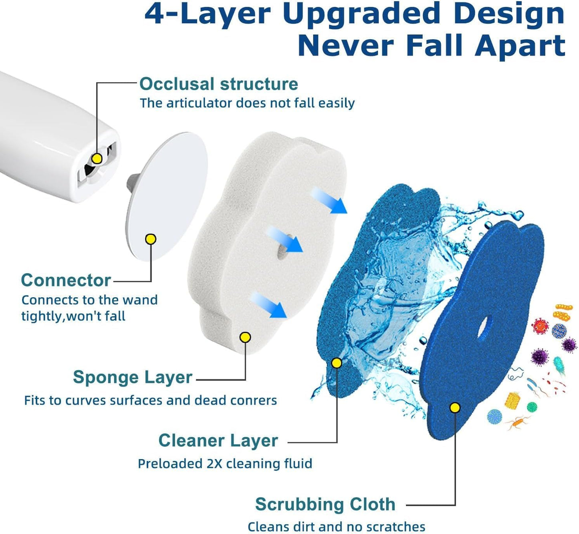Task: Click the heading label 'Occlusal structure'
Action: point(219,84)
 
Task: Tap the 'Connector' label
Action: point(66,280)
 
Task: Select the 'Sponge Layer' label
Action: point(133,377)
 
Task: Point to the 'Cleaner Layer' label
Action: point(218,441)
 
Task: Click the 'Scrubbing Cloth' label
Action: point(325,504)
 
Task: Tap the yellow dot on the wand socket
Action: point(97,159)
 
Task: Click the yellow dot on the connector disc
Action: point(151,239)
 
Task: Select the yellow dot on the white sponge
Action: point(245,337)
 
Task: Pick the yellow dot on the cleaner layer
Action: point(337,363)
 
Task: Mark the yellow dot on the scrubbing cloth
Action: point(455,408)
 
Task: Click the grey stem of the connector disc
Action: point(131,181)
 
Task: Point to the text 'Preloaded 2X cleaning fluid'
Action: point(225,463)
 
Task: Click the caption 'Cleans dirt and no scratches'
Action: point(336,526)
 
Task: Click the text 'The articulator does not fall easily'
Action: point(247,103)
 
